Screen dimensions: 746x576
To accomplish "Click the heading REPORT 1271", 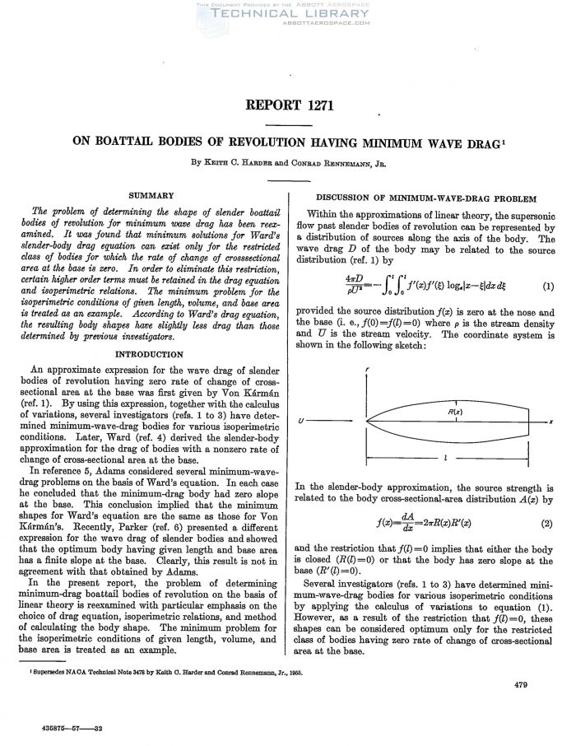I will [287, 105].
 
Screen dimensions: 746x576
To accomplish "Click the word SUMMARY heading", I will [151, 195].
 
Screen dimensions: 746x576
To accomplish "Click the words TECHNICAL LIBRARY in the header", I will [287, 13].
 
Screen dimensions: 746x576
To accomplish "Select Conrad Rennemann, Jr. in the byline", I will [346, 162].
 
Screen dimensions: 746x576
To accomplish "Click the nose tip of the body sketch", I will [366, 421].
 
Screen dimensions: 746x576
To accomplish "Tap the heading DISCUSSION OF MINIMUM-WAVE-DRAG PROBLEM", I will [426, 198].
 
